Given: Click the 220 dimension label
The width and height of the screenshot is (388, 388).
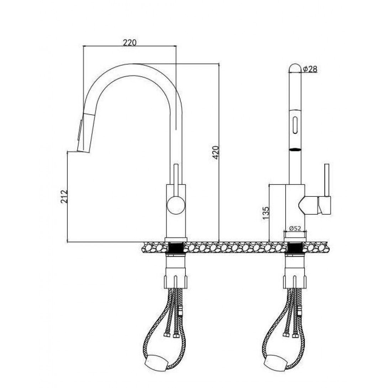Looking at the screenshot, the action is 130,43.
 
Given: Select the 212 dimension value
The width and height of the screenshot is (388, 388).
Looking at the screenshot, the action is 64,196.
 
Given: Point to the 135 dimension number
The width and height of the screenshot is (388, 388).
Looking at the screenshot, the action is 265,213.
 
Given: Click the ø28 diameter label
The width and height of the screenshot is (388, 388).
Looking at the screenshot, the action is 310,69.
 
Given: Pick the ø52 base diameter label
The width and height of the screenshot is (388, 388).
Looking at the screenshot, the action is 295,229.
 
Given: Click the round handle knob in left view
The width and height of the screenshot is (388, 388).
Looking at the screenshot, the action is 176,205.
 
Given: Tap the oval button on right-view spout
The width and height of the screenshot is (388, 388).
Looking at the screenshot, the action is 295,125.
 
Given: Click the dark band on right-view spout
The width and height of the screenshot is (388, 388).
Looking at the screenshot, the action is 295,149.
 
